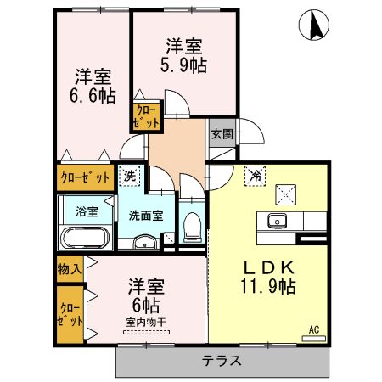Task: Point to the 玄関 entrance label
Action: pos(222,132)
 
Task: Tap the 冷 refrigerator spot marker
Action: pos(254,176)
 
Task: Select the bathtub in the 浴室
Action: pos(83,237)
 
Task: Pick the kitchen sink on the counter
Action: pos(276,222)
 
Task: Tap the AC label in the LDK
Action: pos(312,329)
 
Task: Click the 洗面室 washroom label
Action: pos(146,216)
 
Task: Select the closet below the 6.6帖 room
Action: pos(85,178)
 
